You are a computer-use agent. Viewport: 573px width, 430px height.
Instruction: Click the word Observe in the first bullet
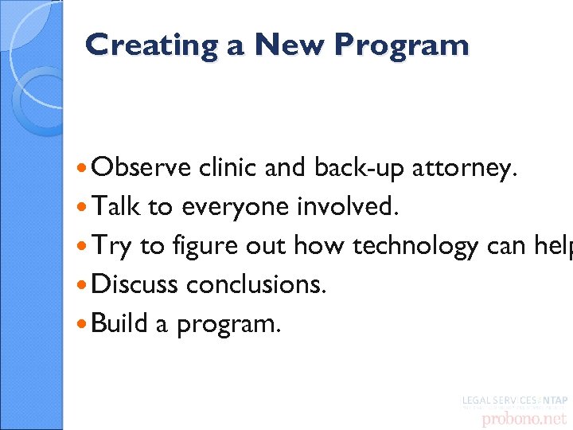coord(141,168)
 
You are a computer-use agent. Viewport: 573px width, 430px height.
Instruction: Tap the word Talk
coord(116,207)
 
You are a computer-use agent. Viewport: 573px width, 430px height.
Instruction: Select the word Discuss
coord(135,285)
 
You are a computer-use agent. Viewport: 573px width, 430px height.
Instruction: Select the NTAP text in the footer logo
coord(555,401)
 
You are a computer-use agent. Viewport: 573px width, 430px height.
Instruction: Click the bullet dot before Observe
coord(84,169)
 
